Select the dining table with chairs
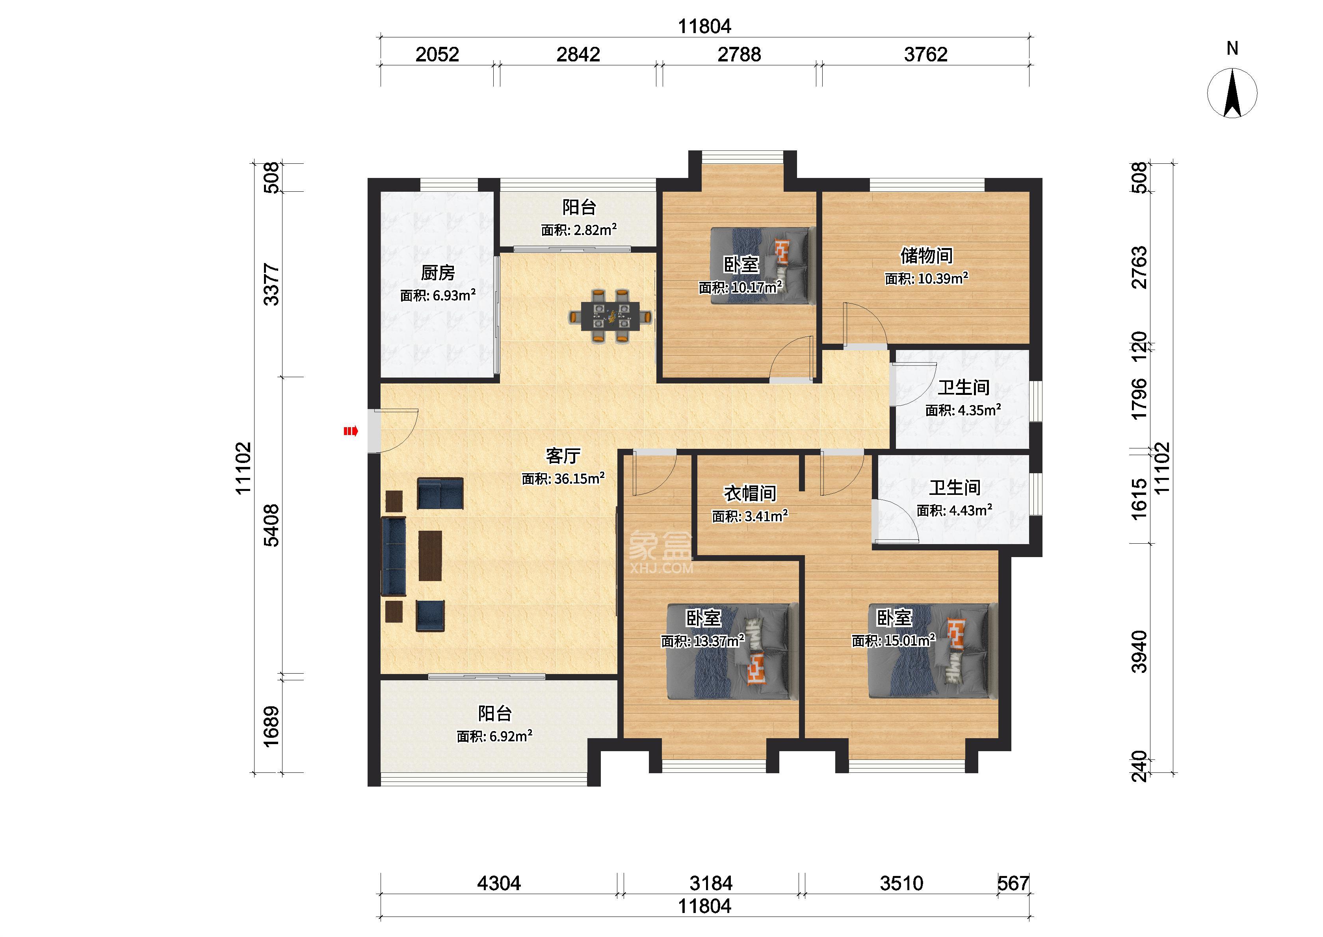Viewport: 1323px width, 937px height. click(611, 316)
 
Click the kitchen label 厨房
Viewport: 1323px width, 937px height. click(438, 272)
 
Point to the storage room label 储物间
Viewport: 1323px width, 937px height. click(926, 255)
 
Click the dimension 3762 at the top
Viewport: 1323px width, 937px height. click(925, 55)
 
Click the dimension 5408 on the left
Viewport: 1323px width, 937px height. click(271, 525)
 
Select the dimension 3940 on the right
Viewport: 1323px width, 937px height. click(1139, 652)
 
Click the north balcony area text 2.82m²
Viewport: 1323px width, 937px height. click(595, 230)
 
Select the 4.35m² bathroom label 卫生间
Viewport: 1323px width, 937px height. click(963, 387)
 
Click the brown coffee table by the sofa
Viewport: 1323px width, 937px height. click(430, 556)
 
